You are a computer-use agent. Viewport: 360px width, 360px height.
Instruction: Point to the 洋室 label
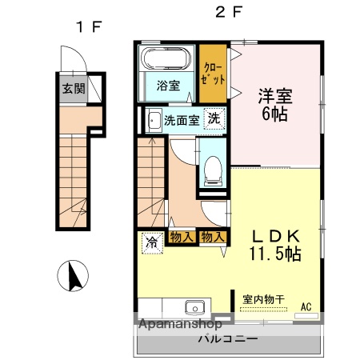[274, 97]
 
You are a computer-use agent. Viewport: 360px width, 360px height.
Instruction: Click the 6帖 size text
[274, 114]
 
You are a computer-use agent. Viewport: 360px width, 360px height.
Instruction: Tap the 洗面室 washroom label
[181, 121]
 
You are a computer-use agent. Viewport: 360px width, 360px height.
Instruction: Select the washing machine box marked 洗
[214, 118]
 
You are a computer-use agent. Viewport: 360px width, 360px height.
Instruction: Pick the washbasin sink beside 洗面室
[153, 121]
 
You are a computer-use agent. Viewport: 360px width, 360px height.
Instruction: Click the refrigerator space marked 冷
[151, 241]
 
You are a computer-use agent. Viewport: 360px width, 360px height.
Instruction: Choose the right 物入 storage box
[213, 236]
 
